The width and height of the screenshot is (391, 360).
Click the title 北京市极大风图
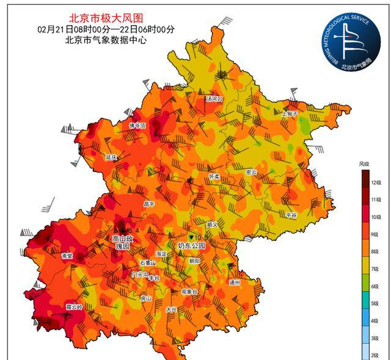pos(105,18)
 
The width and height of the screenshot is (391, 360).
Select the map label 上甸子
pos(289,113)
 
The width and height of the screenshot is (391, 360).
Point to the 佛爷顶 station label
pos(137,126)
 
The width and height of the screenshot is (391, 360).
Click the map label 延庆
pos(111,157)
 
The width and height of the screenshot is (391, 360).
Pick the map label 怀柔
pos(214,175)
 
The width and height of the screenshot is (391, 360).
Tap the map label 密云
pos(251,172)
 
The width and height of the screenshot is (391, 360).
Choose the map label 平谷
pos(291,215)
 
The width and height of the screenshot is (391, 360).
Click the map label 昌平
pos(149,204)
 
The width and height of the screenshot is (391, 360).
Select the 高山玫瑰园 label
pos(122,242)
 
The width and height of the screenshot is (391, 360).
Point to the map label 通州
pos(235,283)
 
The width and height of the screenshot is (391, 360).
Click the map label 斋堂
pos(67,256)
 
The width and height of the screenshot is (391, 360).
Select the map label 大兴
pos(172,309)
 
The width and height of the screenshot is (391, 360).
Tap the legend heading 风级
pos(365,164)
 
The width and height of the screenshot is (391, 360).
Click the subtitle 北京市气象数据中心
pos(106,40)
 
